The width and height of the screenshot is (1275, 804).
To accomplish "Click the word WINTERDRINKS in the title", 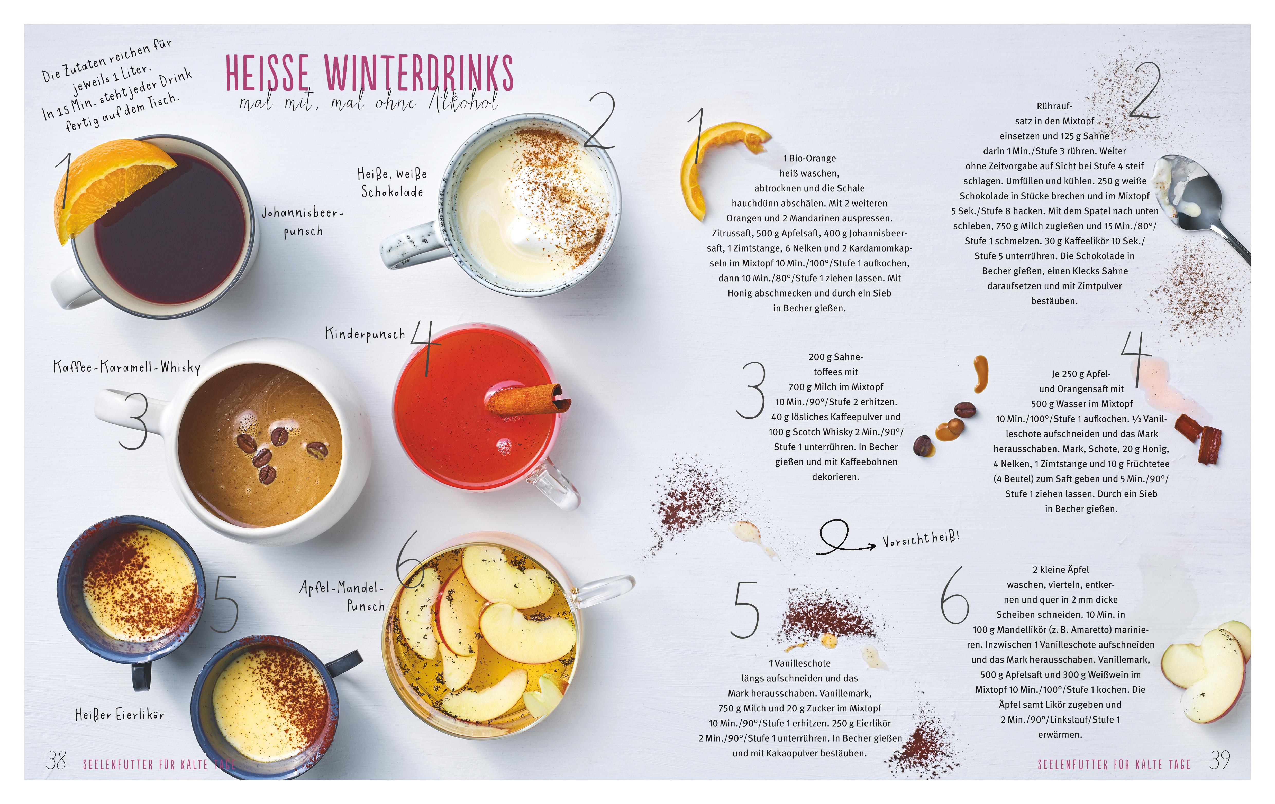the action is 418,73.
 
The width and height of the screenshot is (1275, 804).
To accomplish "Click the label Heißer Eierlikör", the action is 120,715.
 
